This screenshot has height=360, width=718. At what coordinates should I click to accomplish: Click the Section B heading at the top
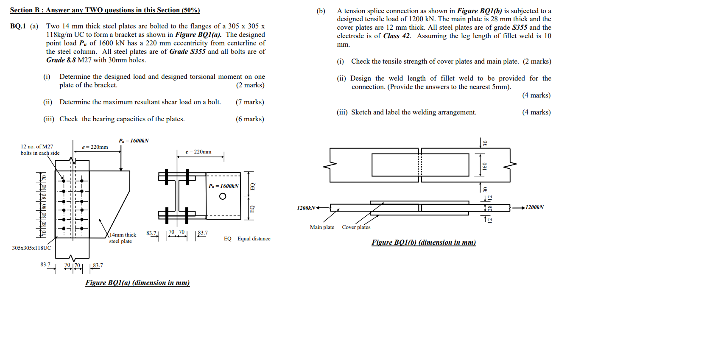[x=105, y=10]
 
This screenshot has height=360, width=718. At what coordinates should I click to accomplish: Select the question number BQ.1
[x=18, y=26]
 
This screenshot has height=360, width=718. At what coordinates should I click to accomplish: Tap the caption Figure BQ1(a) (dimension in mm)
[x=137, y=283]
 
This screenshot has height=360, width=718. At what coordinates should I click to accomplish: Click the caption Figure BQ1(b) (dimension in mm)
[x=424, y=243]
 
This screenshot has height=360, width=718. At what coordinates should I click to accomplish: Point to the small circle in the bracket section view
[x=223, y=196]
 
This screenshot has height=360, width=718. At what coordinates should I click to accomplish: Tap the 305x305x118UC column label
[x=31, y=248]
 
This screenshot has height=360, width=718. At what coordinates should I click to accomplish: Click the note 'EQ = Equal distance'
[x=247, y=239]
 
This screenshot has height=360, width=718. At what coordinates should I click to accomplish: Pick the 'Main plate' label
[x=322, y=227]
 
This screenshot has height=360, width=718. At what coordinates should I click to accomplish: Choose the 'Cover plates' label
[x=356, y=227]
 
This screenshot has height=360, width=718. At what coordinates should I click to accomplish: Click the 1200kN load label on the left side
[x=306, y=208]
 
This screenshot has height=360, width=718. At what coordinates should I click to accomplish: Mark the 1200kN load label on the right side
[x=534, y=207]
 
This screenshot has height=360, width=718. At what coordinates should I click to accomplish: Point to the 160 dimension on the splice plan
[x=485, y=166]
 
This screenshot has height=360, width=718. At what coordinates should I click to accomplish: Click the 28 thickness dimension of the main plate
[x=490, y=208]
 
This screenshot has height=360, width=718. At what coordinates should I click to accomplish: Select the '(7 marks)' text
[x=250, y=102]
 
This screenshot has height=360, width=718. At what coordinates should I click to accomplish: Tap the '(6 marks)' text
[x=250, y=119]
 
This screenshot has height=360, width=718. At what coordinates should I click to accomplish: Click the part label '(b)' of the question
[x=321, y=11]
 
